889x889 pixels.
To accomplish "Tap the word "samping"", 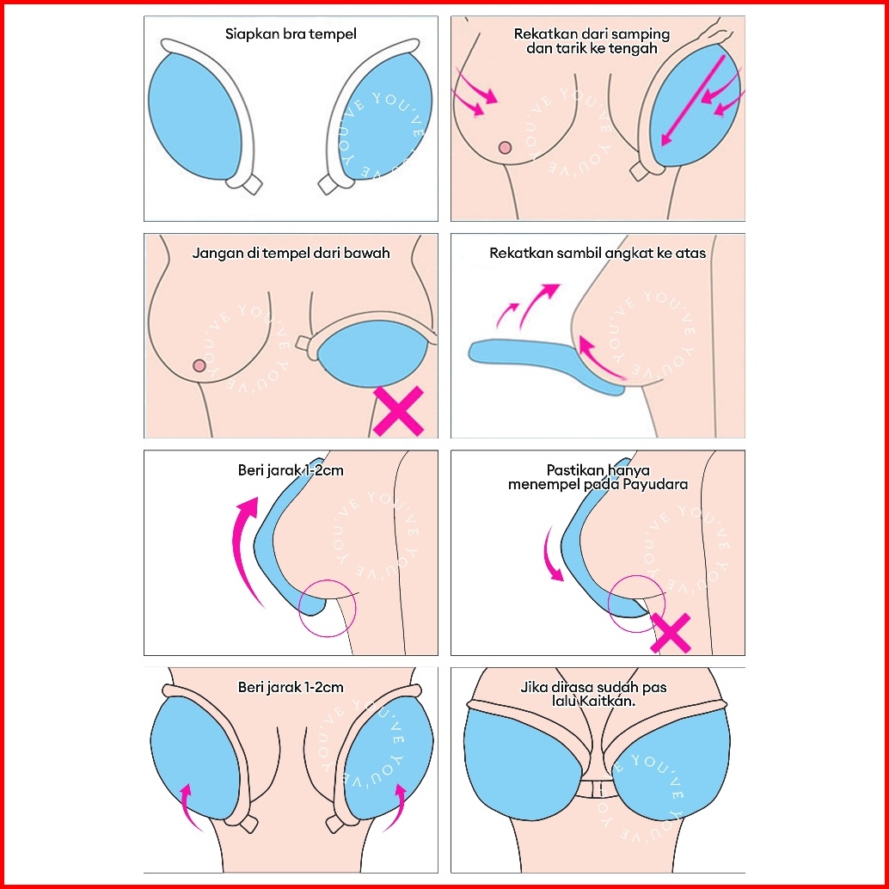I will point(642,35).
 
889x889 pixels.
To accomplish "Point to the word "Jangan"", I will point(214,254).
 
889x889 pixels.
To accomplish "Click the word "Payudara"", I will point(659,484).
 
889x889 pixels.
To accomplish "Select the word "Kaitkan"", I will point(617,701).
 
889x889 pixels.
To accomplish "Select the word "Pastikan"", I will point(573,470).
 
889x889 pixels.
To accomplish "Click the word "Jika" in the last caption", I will point(533,688).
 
